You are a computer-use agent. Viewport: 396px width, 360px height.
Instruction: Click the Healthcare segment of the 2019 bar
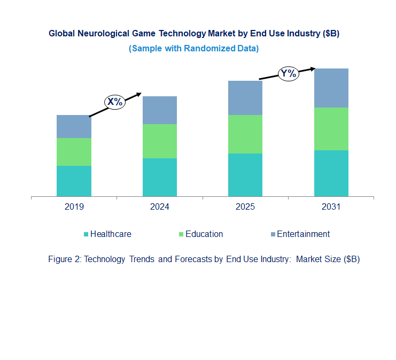(x=74, y=181)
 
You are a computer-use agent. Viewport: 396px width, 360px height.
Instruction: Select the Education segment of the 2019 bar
(x=74, y=152)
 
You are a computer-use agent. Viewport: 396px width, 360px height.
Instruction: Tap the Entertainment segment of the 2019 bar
(x=74, y=126)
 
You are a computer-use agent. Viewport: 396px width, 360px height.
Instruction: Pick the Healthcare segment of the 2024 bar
(x=159, y=177)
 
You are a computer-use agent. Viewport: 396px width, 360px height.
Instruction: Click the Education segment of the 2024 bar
(x=159, y=141)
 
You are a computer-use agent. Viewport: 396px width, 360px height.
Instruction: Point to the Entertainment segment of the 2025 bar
(x=245, y=98)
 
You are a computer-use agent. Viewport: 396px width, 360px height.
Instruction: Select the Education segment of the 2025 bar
(x=245, y=134)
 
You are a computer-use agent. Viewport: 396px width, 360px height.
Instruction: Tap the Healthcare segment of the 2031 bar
(x=331, y=173)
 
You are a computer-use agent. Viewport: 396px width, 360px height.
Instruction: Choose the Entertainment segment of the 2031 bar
(x=331, y=88)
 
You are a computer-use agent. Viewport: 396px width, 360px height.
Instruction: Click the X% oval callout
(x=114, y=102)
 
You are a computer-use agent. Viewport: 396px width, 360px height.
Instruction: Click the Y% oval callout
(x=288, y=73)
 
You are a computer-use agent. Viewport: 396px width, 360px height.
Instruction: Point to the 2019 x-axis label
(x=74, y=207)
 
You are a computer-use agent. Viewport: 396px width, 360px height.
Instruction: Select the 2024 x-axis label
(x=159, y=207)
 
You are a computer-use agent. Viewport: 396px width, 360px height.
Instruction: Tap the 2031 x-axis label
(x=331, y=207)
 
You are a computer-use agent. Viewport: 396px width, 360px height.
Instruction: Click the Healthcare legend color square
(x=86, y=234)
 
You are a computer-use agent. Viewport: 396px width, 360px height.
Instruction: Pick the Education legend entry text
(x=204, y=234)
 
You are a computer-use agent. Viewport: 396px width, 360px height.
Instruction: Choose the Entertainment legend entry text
(x=303, y=234)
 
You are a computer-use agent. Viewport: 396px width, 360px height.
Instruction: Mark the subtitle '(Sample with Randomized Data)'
(x=193, y=48)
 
